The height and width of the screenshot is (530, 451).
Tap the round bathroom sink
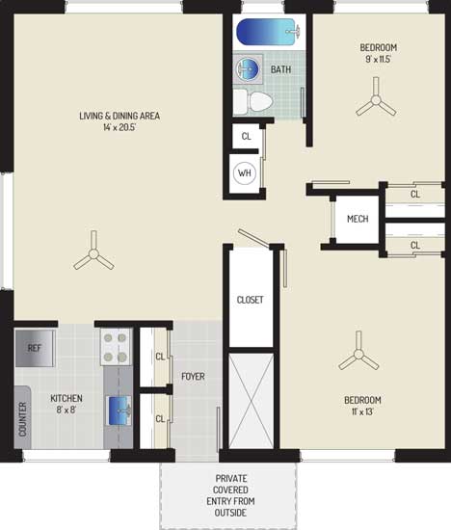pyautogui.click(x=247, y=69)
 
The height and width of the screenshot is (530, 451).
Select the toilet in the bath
pyautogui.click(x=252, y=101)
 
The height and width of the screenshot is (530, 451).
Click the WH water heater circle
pyautogui.click(x=245, y=173)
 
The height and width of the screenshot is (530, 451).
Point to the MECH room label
pyautogui.click(x=358, y=219)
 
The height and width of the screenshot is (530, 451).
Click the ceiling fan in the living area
pyautogui.click(x=93, y=252)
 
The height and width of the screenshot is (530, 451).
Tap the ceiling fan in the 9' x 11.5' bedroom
pyautogui.click(x=376, y=99)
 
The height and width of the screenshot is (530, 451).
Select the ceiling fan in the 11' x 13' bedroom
pyautogui.click(x=358, y=354)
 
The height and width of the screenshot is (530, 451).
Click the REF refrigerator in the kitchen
pyautogui.click(x=34, y=348)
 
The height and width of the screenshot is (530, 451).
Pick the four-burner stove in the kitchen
pyautogui.click(x=116, y=347)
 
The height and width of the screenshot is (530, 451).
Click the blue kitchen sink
pyautogui.click(x=119, y=411)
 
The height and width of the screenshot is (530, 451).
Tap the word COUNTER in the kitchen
pyautogui.click(x=23, y=419)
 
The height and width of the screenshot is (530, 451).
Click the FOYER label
pyautogui.click(x=193, y=376)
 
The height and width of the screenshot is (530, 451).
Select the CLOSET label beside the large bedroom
pyautogui.click(x=251, y=300)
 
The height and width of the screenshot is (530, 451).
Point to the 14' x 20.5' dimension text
pyautogui.click(x=119, y=127)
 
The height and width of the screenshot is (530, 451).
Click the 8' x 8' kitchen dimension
pyautogui.click(x=66, y=410)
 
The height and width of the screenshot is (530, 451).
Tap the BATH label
pyautogui.click(x=281, y=69)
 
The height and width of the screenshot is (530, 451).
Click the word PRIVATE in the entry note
pyautogui.click(x=231, y=478)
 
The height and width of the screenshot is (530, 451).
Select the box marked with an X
pyautogui.click(x=252, y=401)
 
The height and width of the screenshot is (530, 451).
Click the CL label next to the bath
pyautogui.click(x=246, y=136)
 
